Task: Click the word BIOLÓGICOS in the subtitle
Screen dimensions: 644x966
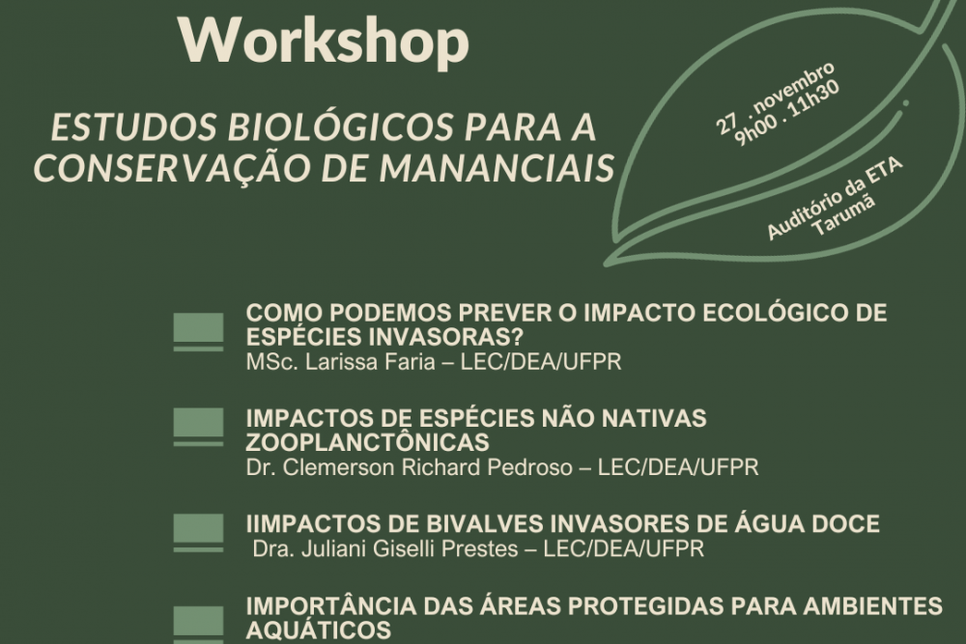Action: tap(300, 128)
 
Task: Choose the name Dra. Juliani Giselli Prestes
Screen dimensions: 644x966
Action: tap(394, 549)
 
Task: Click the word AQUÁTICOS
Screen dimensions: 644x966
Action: tap(319, 631)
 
